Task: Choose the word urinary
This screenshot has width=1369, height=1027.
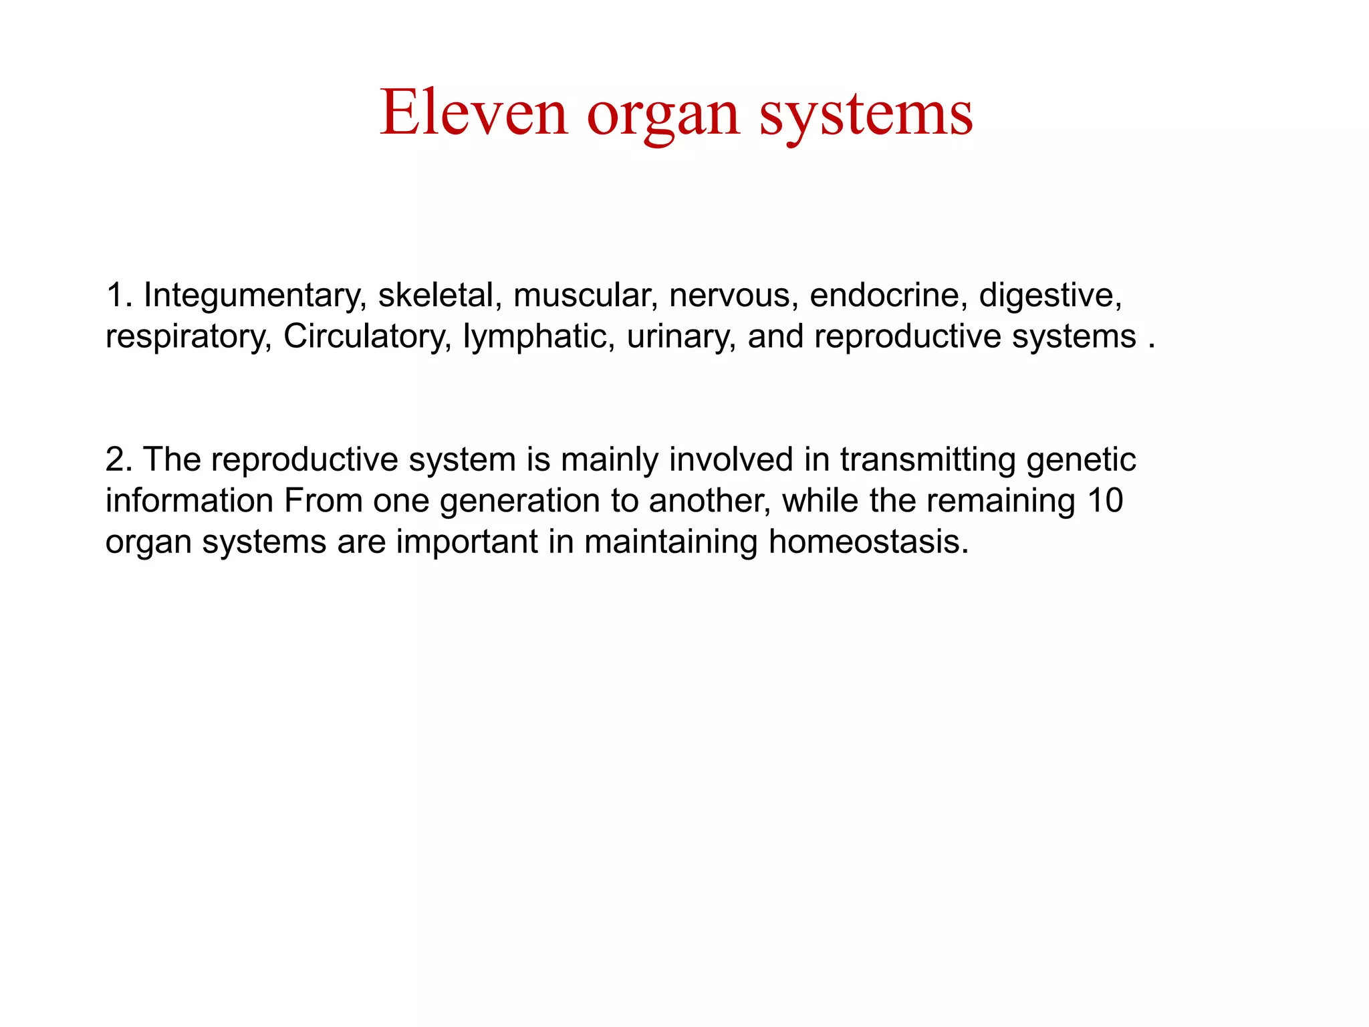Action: (x=681, y=336)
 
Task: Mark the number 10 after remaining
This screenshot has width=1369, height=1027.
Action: (x=1104, y=501)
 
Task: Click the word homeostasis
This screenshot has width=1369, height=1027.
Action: (x=868, y=542)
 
